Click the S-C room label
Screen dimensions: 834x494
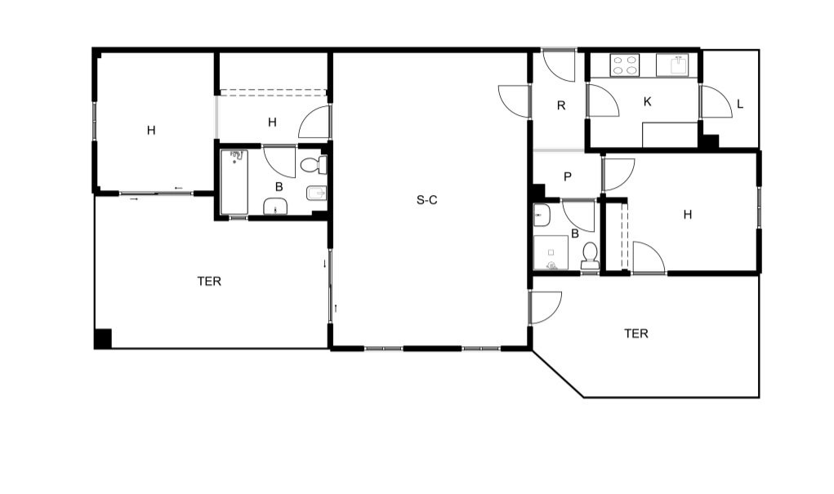426,200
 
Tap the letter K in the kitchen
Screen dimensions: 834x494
647,101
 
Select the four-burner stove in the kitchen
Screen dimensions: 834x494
624,65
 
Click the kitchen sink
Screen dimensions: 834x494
672,65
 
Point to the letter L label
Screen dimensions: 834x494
740,105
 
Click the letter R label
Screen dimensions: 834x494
561,106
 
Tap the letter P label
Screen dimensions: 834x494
568,176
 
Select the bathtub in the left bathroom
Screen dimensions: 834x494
234,182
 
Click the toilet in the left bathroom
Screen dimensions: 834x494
314,165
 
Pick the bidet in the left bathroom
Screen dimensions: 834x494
316,194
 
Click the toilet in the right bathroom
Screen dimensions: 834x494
590,256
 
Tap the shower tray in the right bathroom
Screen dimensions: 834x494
551,252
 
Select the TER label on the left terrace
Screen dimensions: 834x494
209,282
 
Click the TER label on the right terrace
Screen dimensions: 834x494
636,333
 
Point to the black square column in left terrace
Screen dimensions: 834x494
103,339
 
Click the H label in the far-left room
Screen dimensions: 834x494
151,130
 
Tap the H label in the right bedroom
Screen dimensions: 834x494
688,215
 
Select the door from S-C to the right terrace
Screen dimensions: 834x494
546,307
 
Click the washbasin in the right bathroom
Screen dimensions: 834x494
542,216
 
